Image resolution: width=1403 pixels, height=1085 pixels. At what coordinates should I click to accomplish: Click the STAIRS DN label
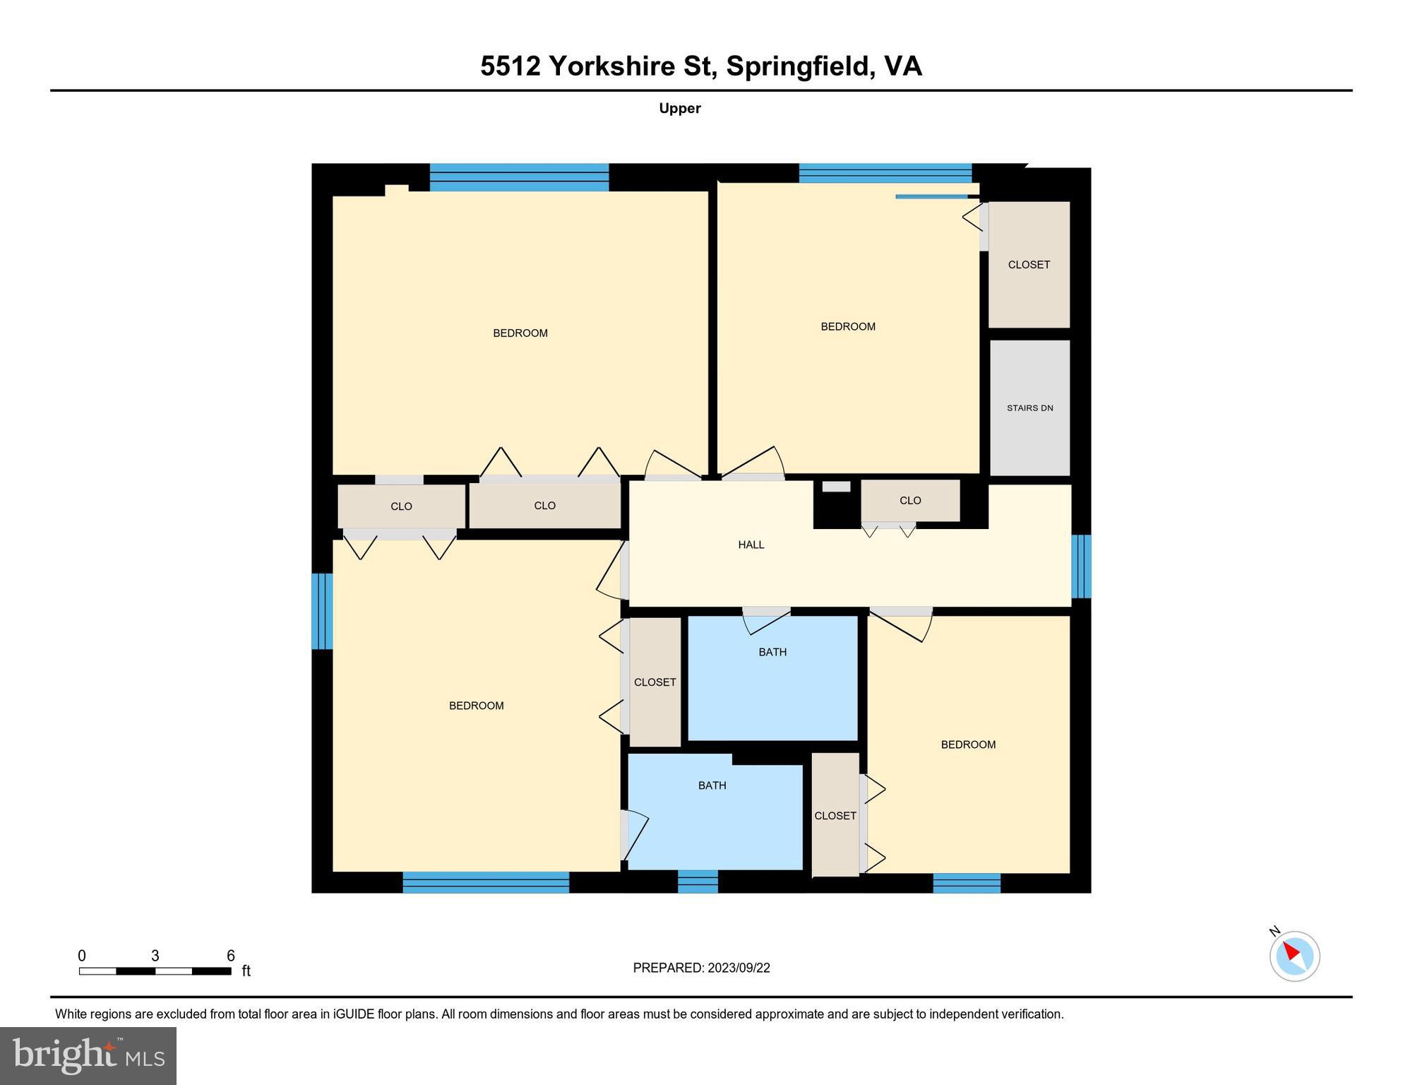pyautogui.click(x=1029, y=408)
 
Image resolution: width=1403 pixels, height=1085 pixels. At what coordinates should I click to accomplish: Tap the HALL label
pyautogui.click(x=751, y=545)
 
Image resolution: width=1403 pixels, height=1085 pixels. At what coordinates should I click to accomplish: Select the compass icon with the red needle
pyautogui.click(x=1294, y=956)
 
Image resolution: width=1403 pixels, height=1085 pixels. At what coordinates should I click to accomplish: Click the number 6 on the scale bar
pyautogui.click(x=230, y=956)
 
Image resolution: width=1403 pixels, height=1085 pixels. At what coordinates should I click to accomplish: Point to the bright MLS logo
pyautogui.click(x=88, y=1055)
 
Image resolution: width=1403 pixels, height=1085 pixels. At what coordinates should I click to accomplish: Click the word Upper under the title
pyautogui.click(x=679, y=108)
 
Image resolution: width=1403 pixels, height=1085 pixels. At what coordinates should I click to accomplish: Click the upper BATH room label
pyautogui.click(x=772, y=652)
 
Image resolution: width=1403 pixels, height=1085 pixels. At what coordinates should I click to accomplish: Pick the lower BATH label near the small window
pyautogui.click(x=712, y=785)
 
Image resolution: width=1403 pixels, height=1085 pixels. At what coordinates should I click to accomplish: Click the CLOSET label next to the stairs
pyautogui.click(x=1029, y=265)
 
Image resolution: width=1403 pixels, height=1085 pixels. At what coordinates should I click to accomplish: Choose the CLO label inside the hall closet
pyautogui.click(x=910, y=501)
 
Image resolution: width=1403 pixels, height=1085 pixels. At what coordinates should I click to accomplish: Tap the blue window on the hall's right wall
pyautogui.click(x=1081, y=567)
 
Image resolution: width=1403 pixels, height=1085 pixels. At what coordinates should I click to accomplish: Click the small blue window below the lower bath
pyautogui.click(x=698, y=882)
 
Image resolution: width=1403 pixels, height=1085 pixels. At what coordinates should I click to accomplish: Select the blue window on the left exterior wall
pyautogui.click(x=322, y=611)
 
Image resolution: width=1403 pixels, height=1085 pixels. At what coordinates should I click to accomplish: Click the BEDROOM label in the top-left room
pyautogui.click(x=520, y=333)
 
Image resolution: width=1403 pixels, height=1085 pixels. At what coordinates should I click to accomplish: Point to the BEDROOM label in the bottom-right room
pyautogui.click(x=968, y=745)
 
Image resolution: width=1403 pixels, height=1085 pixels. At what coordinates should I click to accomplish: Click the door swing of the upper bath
pyautogui.click(x=766, y=622)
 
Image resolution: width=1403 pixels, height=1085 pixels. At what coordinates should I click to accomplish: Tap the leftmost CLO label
pyautogui.click(x=401, y=506)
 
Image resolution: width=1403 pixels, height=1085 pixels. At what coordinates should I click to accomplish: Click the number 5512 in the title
pyautogui.click(x=510, y=66)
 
